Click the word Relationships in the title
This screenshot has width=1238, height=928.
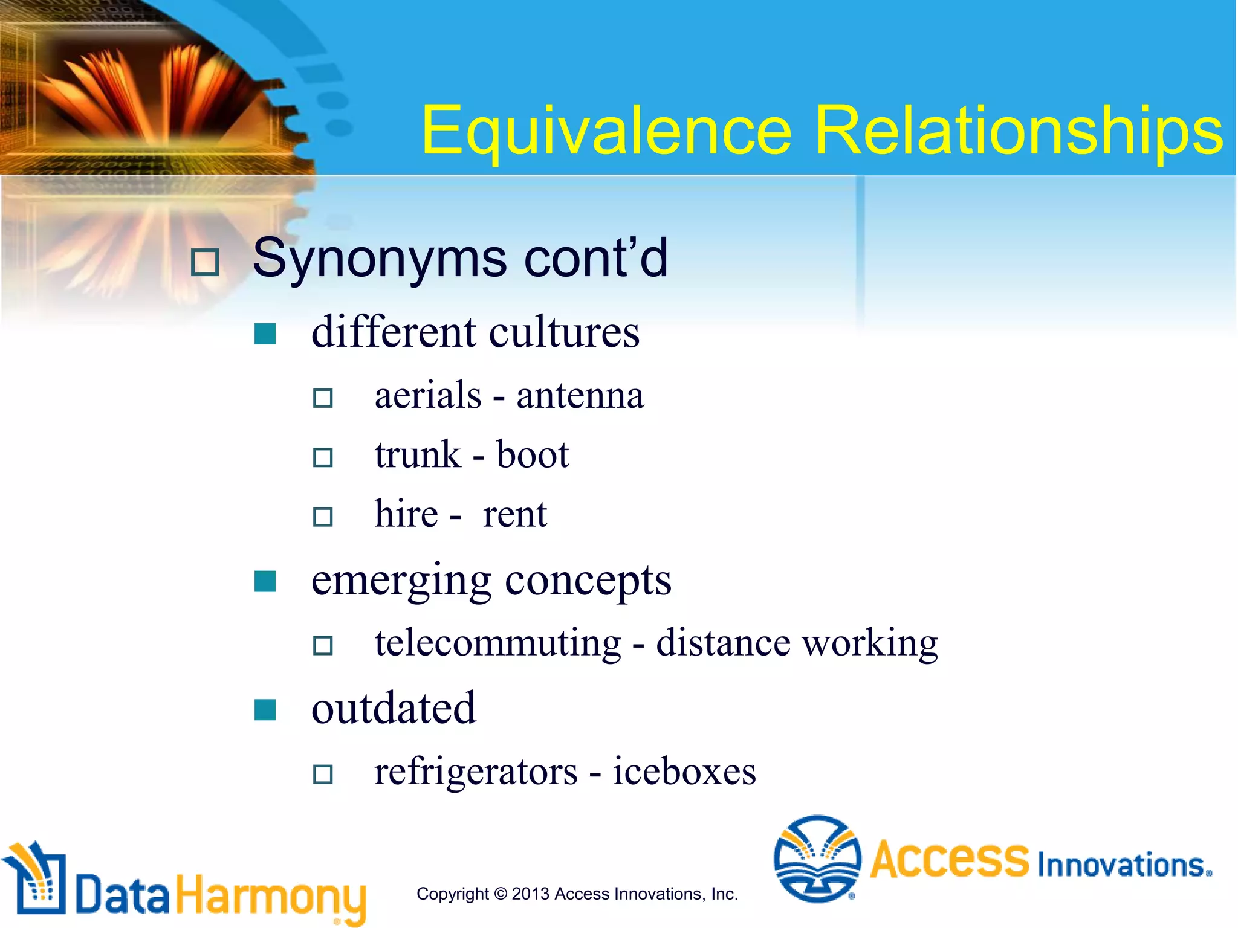point(1018,130)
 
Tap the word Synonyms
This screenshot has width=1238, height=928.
point(380,259)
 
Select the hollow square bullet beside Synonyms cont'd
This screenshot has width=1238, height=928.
point(204,263)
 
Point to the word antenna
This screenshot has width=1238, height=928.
point(580,396)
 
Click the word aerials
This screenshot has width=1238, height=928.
point(428,396)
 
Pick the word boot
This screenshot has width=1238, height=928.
point(532,455)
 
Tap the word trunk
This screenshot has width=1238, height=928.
point(417,455)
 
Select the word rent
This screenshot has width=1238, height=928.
point(514,515)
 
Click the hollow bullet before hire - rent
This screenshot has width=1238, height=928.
point(323,517)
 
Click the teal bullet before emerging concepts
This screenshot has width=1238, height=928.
point(265,582)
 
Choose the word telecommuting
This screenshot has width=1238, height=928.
point(497,642)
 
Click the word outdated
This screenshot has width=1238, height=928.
point(394,708)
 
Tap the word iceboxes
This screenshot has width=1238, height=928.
point(684,772)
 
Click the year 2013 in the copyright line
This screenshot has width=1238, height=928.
point(530,894)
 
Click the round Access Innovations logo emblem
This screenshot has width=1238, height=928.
point(817,859)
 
